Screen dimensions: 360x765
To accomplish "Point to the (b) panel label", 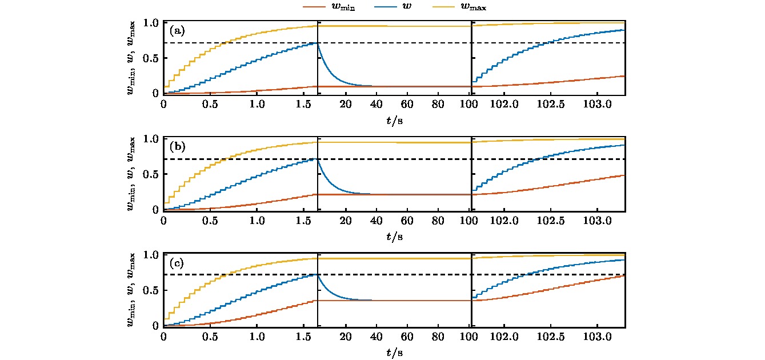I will (x=177, y=147).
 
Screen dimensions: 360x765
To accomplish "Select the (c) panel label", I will (x=177, y=263).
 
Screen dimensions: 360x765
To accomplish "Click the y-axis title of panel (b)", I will (x=131, y=174).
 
